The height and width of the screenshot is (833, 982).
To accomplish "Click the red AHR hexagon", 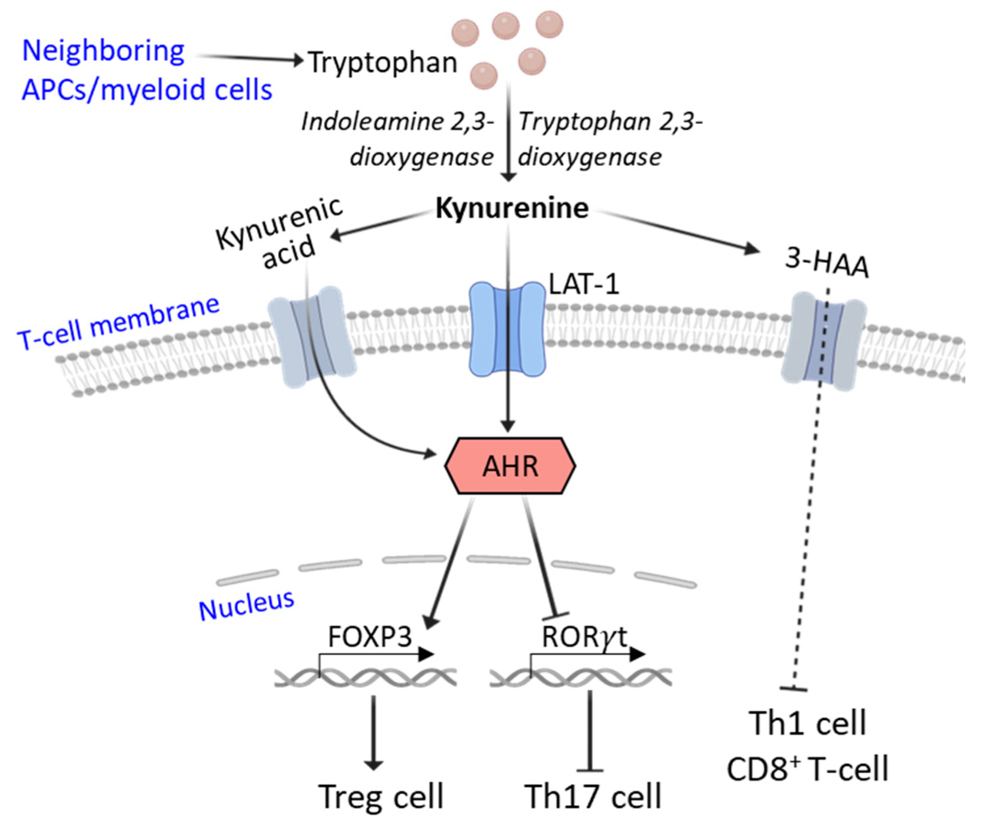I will [x=510, y=465].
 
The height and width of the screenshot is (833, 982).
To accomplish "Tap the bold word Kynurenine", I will [x=511, y=208].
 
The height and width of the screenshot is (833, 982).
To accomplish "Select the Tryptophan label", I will [x=382, y=63].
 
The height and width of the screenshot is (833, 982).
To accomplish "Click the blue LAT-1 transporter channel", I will [x=507, y=329].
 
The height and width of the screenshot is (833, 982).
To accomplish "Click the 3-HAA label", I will [x=826, y=263].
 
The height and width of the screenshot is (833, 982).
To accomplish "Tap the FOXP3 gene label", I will [x=370, y=636].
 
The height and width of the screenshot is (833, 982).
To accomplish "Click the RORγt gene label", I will [x=584, y=636].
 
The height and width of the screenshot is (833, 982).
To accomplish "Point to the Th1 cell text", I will [x=808, y=723].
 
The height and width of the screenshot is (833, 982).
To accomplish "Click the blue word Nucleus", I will [x=247, y=605].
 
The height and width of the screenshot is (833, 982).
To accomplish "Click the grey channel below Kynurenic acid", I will [x=312, y=336].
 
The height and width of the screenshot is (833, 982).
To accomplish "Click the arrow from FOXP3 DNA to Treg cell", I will [x=374, y=732].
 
